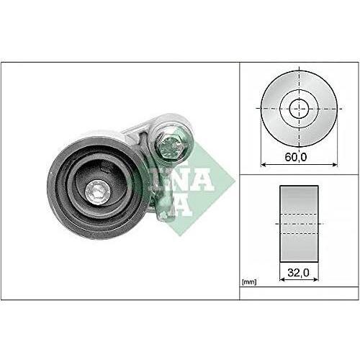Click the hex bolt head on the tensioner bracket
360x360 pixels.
pos(170,146)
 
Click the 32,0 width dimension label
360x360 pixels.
pos(298,274)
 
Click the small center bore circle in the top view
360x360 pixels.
pos(298,109)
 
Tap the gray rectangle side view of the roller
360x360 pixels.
pos(298,223)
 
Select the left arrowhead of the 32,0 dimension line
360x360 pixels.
pos(280,282)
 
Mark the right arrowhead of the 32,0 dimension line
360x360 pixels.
pos(316,282)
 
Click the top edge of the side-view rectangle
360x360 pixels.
pos(298,186)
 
